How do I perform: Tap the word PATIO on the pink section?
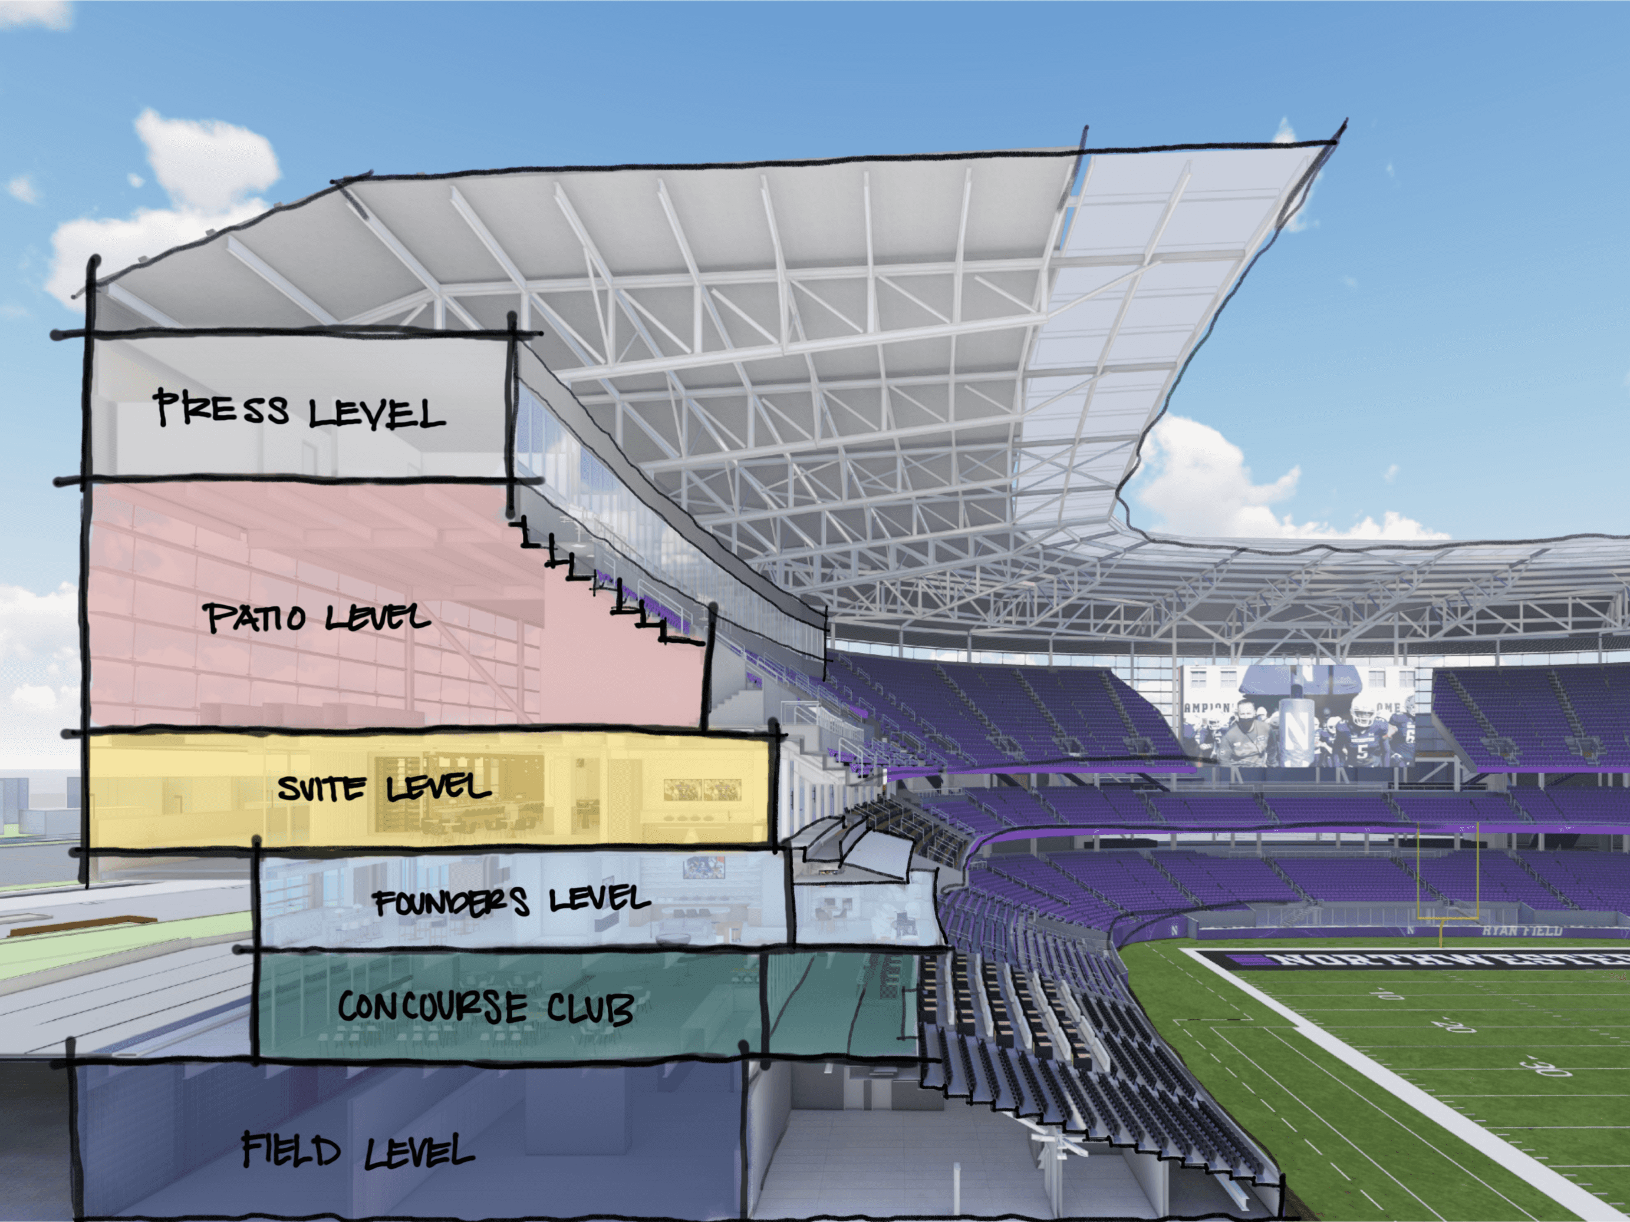point(254,617)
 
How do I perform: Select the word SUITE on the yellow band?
point(321,789)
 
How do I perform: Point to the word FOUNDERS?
point(451,902)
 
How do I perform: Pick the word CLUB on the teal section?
point(590,1008)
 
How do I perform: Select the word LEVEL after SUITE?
point(439,788)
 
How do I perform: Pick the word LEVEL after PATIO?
point(377,617)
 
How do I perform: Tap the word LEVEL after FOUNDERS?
point(599,899)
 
